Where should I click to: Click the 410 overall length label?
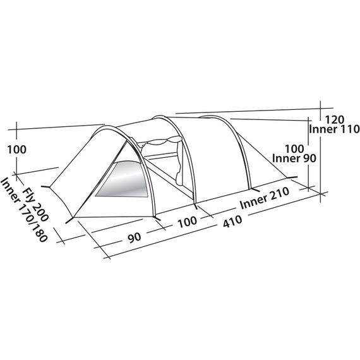pos(232,221)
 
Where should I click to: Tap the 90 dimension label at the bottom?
pos(135,237)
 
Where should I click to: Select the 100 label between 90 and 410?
pos(188,222)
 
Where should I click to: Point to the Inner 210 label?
pos(264,198)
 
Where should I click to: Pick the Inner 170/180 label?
pos(23,209)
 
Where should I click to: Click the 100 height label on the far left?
pos(17,150)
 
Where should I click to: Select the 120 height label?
pos(335,119)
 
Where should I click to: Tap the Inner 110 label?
pos(334,129)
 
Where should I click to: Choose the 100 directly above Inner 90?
pos(294,149)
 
